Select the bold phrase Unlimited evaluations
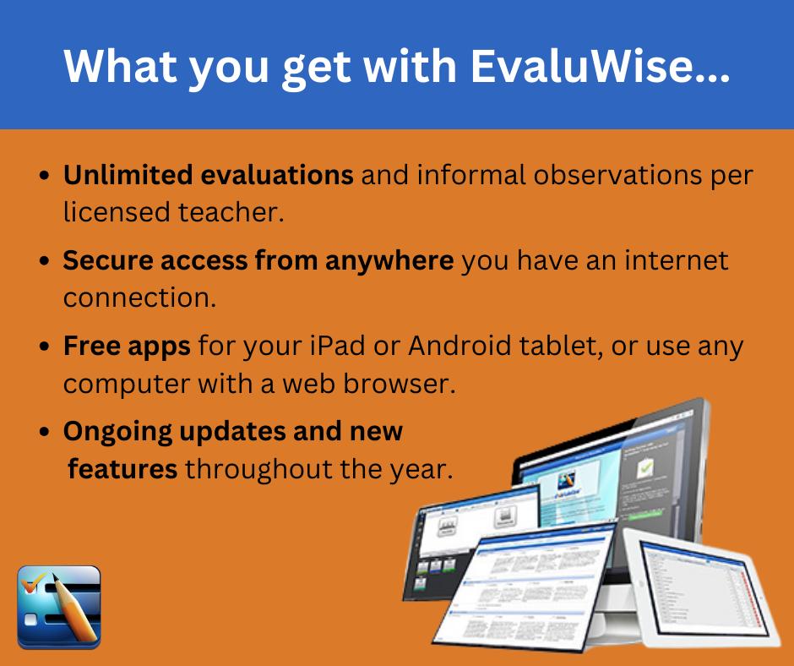tap(209, 176)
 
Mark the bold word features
tap(122, 467)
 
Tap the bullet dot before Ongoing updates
tap(46, 432)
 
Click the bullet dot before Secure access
tap(46, 262)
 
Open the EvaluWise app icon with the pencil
tap(59, 607)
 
